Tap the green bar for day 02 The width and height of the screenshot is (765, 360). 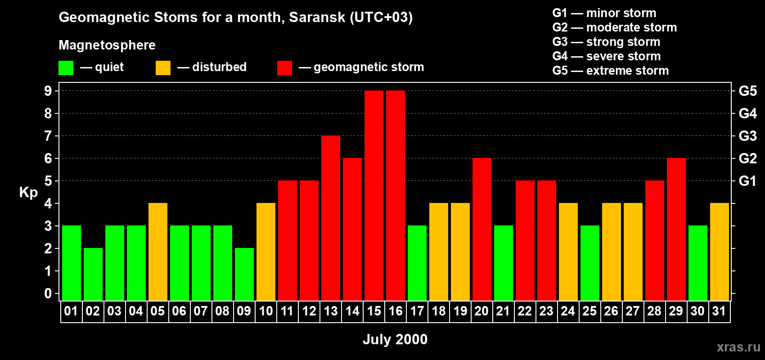[x=93, y=274]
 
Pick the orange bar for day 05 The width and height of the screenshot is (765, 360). [x=158, y=252]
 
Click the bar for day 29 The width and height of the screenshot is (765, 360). [x=676, y=229]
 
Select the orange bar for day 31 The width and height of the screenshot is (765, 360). [x=720, y=252]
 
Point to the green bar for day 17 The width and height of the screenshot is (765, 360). [x=417, y=263]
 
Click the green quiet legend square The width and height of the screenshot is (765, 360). [x=66, y=68]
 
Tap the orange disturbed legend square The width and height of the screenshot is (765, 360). [x=163, y=68]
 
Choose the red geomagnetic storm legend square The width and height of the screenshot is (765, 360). [x=284, y=68]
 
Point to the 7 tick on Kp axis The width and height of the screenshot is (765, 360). [x=48, y=136]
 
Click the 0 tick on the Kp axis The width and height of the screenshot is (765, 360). [x=48, y=293]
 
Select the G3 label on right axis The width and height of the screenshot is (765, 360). [x=747, y=136]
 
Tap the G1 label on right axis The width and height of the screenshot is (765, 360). [x=747, y=181]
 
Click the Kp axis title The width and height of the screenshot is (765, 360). [x=28, y=193]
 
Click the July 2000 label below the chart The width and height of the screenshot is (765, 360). [x=395, y=339]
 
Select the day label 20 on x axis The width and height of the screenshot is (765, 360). [x=481, y=311]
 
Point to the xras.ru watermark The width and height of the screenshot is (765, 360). [x=738, y=347]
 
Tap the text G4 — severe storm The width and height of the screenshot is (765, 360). [x=606, y=56]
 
